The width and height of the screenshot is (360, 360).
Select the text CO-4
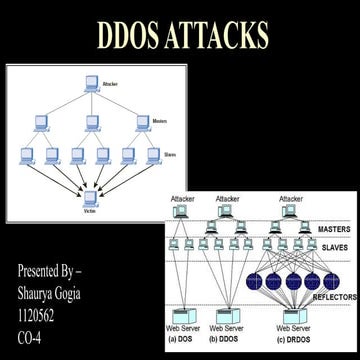click(x=32, y=332)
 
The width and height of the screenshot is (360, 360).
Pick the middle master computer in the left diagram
click(x=91, y=122)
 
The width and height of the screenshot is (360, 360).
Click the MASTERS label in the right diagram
click(x=335, y=230)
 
